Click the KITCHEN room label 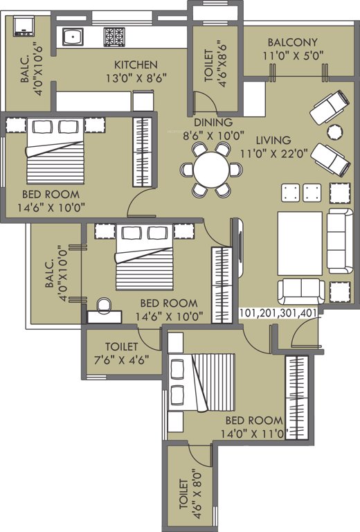(x=136, y=64)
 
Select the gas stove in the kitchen (x=114, y=37)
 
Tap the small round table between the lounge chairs (x=334, y=131)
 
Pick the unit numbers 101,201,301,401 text (x=278, y=313)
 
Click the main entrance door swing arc (x=303, y=334)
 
